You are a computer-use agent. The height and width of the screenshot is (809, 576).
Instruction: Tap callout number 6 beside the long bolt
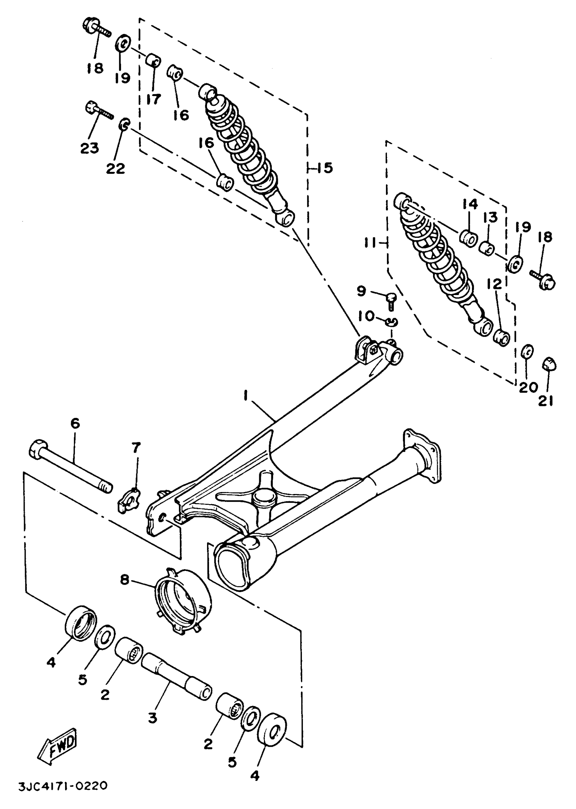point(75,423)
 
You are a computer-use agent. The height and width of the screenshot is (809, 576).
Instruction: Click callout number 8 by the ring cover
point(124,580)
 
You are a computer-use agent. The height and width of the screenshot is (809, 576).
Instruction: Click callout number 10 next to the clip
point(365,315)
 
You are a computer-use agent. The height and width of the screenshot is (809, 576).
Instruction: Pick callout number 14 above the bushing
point(470,205)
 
